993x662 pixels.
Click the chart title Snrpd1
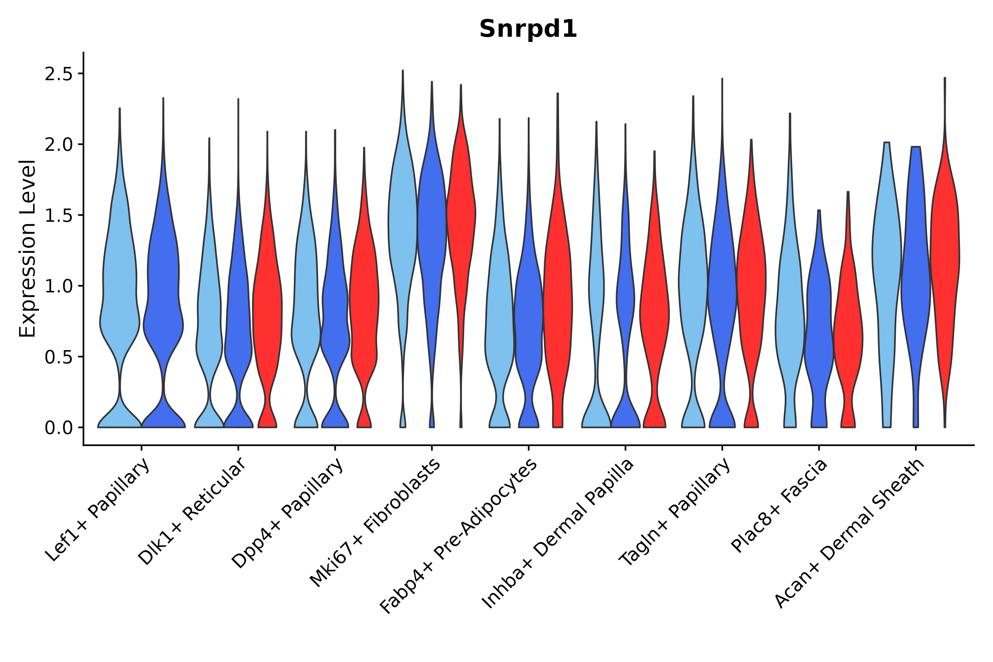pos(528,29)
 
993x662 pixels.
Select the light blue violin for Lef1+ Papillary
pos(120,296)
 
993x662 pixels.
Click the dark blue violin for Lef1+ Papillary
pos(163,296)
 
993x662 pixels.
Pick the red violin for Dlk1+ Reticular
pos(267,317)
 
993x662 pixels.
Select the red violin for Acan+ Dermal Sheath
pos(944,253)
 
